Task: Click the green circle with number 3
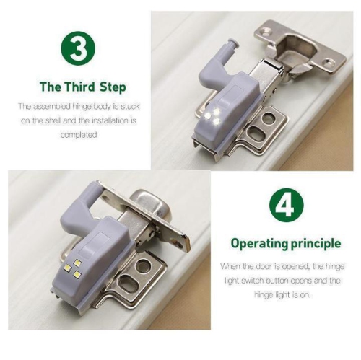coord(78,48)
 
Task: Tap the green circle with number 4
coord(287,205)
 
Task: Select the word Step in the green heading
coord(113,87)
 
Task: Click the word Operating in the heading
coord(259,244)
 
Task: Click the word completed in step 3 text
coord(79,135)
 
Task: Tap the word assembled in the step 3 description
coord(51,106)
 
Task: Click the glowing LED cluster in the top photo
coord(212,116)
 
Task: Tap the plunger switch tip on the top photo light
coord(233,43)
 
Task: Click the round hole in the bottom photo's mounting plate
coord(142,265)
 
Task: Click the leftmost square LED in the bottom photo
coord(68,268)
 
